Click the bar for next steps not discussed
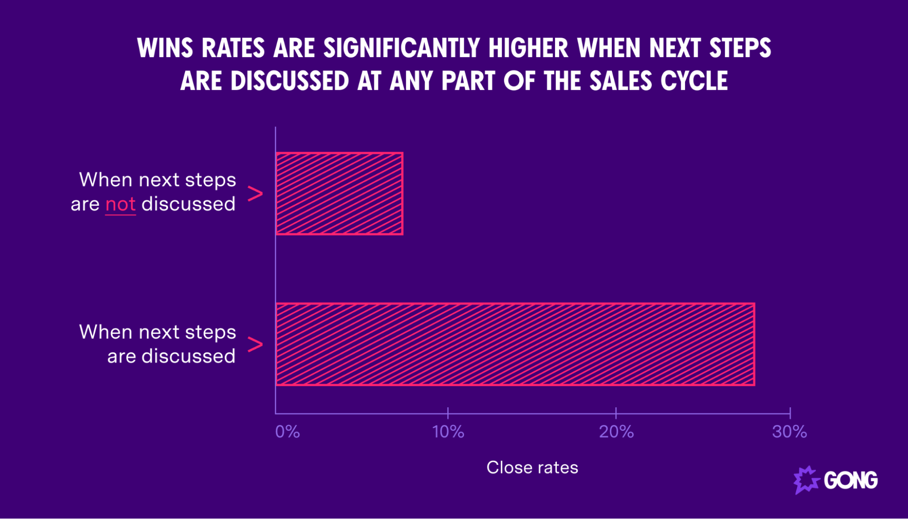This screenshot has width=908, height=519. [x=339, y=193]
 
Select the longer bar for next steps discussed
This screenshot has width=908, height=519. [x=515, y=344]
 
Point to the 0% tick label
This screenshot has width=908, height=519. [x=288, y=431]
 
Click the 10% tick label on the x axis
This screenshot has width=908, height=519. [x=448, y=431]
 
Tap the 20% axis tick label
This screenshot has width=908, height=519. [x=616, y=431]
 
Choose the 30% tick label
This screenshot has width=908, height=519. [x=789, y=431]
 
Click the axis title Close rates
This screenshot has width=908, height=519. [x=532, y=467]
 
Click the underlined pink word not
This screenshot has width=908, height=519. [x=120, y=204]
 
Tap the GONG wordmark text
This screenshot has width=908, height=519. [x=850, y=480]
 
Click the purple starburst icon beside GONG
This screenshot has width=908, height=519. [x=806, y=479]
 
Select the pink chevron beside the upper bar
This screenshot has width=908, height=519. [x=255, y=194]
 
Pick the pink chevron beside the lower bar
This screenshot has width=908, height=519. [x=255, y=344]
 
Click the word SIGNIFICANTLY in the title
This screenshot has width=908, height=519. [x=402, y=48]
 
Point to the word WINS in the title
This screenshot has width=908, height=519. [x=165, y=48]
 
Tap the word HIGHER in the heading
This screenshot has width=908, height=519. [x=528, y=48]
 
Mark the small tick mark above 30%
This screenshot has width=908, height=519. [x=790, y=412]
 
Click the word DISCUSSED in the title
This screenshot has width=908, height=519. [x=289, y=81]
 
